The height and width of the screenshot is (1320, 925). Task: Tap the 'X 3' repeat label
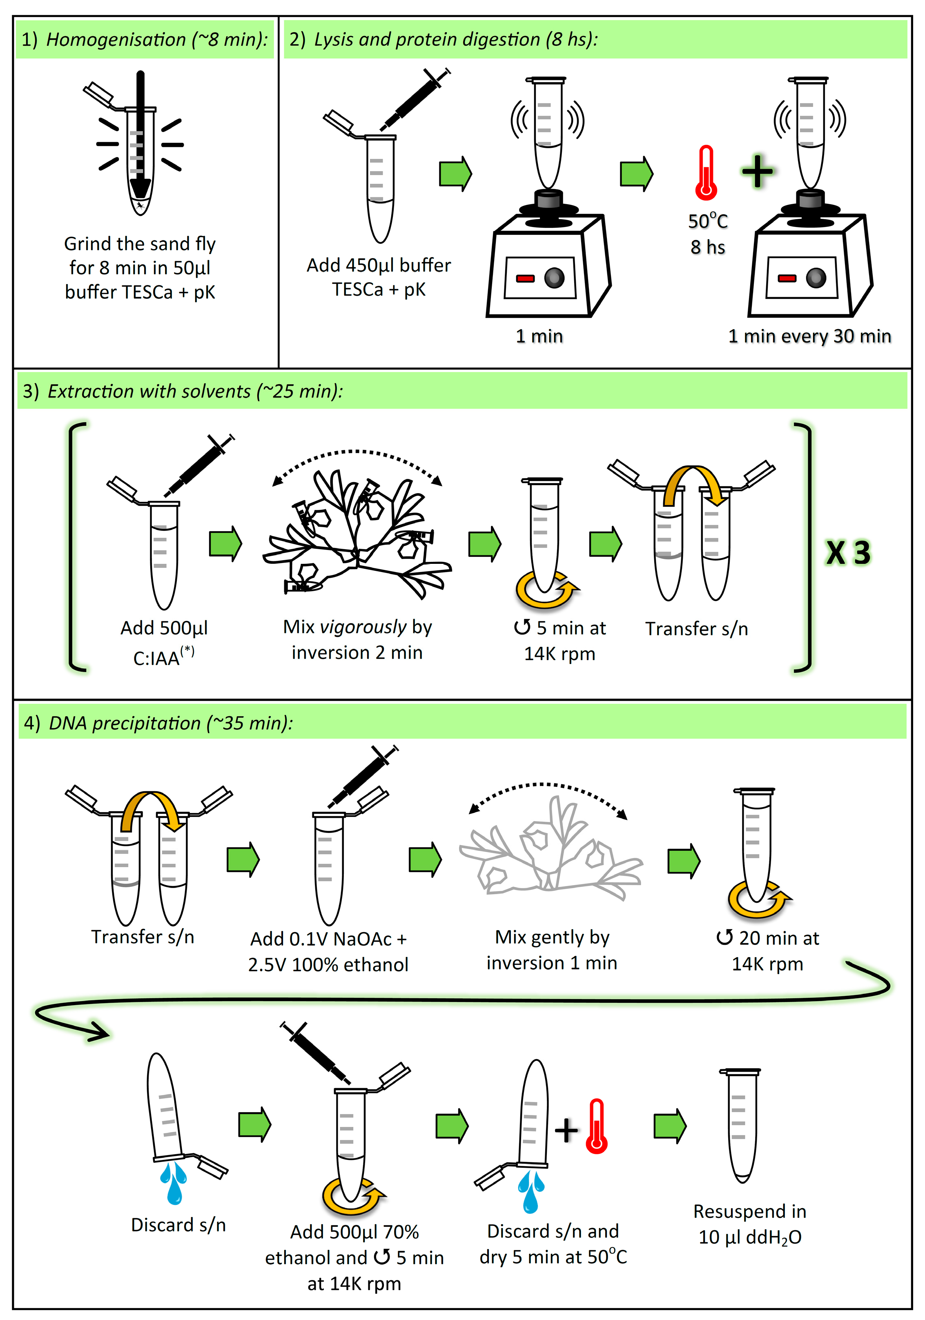pos(848,553)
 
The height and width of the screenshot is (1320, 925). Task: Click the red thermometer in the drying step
pos(597,1127)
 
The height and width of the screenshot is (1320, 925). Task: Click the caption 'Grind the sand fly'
pos(140,244)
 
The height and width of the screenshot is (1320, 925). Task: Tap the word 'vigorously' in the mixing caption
pos(363,627)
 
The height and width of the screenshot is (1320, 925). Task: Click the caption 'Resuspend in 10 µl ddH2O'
pos(750,1223)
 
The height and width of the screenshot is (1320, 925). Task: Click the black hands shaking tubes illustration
pos(357,532)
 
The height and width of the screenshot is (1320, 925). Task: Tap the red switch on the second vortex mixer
pos(787,278)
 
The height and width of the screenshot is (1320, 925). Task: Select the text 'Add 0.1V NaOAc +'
pos(328,939)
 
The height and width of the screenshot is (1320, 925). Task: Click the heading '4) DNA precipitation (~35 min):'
pos(158,723)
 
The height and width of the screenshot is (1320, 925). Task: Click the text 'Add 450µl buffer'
pos(378,265)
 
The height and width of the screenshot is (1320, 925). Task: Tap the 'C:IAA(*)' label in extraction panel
pos(163,657)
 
